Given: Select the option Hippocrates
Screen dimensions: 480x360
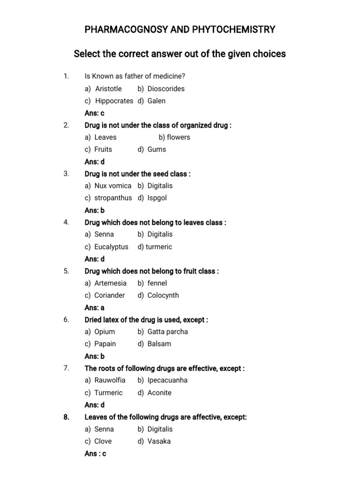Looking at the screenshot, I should [x=114, y=101].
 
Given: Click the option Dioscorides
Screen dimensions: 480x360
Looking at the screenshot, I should [x=166, y=89].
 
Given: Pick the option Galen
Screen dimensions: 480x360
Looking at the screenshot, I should [x=156, y=101].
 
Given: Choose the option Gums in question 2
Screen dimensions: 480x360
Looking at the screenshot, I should [x=157, y=150].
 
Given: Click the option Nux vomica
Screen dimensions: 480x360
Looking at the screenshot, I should [x=113, y=186].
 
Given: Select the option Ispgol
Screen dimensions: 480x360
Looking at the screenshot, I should [x=157, y=198].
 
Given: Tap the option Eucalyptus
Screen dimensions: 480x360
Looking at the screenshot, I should [x=111, y=247].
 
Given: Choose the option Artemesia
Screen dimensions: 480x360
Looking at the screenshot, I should [x=111, y=283].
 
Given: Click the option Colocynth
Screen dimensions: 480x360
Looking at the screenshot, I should [x=163, y=295].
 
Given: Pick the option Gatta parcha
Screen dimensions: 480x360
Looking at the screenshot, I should [x=167, y=331].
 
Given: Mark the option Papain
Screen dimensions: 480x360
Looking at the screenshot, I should [x=105, y=344].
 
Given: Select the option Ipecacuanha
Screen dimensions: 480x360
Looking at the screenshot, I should [x=167, y=380].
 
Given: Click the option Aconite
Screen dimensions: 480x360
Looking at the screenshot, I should [x=159, y=393].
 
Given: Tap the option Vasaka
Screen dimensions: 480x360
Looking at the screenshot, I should [x=159, y=441].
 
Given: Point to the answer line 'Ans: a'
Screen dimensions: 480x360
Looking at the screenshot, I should [x=94, y=307].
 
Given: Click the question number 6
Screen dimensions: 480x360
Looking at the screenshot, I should [x=66, y=320].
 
